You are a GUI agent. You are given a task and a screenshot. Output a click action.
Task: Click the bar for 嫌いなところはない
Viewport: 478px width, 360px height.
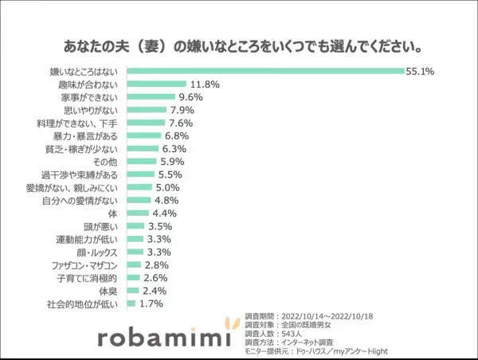(266, 72)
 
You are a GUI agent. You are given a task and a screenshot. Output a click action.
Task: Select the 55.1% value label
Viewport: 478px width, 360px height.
(419, 72)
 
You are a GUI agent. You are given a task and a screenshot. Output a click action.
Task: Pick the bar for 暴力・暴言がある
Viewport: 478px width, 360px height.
(144, 135)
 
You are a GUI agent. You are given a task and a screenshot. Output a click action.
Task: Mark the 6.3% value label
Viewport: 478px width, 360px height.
(174, 149)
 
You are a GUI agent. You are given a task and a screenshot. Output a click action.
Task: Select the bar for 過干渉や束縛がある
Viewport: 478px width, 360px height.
(141, 174)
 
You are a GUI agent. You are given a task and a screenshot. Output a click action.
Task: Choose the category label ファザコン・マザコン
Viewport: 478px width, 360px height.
(85, 265)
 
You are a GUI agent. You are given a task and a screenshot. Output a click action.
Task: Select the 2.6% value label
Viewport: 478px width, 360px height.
(155, 278)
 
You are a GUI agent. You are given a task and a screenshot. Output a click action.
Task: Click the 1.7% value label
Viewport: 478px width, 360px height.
(150, 303)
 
